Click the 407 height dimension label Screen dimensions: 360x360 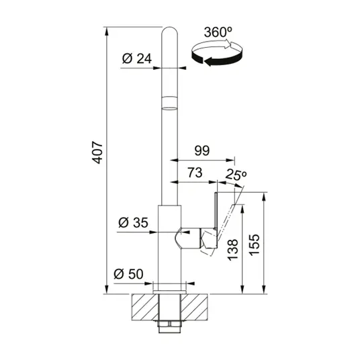click(97, 152)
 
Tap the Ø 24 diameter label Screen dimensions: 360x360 click(137, 58)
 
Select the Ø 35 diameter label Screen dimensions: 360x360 click(134, 222)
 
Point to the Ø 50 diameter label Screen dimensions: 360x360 click(128, 273)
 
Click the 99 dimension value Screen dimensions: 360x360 click(202, 150)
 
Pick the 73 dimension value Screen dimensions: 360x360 click(195, 173)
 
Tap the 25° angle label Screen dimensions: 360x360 click(236, 175)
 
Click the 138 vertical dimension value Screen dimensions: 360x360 click(233, 250)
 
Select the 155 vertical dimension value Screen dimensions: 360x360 click(255, 245)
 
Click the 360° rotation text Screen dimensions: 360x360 click(218, 32)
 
